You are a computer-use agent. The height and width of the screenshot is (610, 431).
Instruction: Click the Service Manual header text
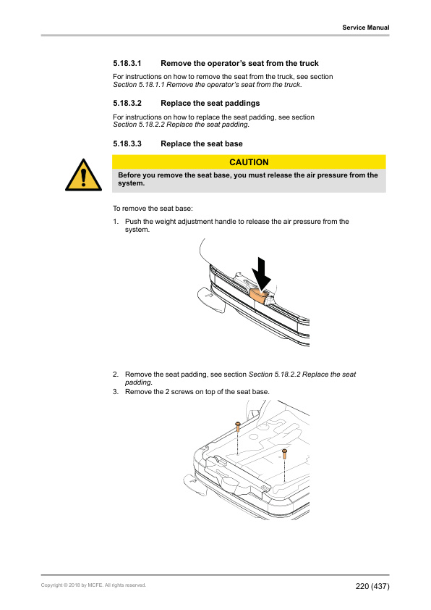tap(365, 28)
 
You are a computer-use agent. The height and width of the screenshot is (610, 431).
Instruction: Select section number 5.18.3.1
tap(127, 64)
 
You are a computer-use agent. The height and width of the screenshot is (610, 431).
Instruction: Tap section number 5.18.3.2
tap(127, 104)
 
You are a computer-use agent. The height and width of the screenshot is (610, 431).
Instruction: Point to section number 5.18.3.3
tap(127, 144)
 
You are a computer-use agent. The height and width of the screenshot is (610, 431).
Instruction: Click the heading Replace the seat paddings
tap(210, 104)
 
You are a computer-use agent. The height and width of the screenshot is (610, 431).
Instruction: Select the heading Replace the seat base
tap(202, 144)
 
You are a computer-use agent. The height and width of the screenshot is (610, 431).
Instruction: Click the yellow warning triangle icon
tap(83, 175)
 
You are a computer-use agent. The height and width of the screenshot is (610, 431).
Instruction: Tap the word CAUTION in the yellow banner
tap(249, 162)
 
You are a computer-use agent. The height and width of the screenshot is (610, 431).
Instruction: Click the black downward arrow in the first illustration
tap(261, 274)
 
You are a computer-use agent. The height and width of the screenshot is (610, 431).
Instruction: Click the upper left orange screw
tap(238, 427)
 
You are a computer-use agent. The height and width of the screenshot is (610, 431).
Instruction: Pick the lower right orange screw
tap(285, 454)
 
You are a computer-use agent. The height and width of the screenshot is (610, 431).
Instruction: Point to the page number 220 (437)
tap(372, 586)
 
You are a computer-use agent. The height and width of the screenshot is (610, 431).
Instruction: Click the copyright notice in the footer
tap(93, 585)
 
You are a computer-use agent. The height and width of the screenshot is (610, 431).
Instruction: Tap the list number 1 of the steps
tap(116, 222)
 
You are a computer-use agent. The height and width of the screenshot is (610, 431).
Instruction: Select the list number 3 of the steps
tap(116, 392)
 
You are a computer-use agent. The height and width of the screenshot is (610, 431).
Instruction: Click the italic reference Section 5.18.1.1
tap(139, 85)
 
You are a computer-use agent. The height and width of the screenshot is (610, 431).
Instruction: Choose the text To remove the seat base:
tap(153, 209)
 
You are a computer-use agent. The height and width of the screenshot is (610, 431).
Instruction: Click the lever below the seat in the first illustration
tap(211, 299)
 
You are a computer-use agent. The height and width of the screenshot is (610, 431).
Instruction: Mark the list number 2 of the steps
tap(116, 375)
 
